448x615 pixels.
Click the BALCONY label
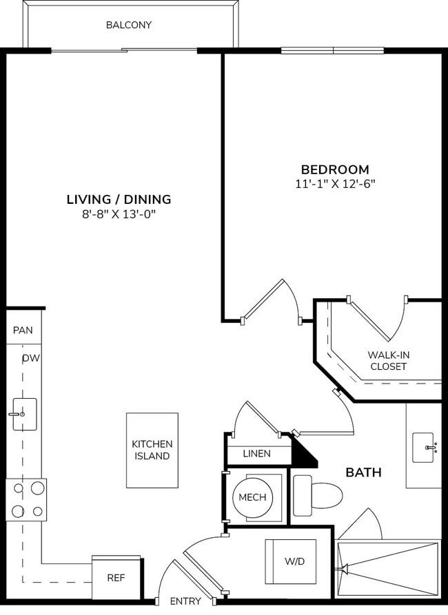pyautogui.click(x=129, y=25)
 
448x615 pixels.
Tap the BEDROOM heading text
pyautogui.click(x=335, y=169)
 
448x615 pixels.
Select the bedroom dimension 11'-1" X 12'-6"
pyautogui.click(x=335, y=184)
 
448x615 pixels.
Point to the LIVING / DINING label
pyautogui.click(x=119, y=200)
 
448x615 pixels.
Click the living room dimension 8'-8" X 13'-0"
pyautogui.click(x=119, y=214)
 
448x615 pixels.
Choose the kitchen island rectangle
pyautogui.click(x=152, y=450)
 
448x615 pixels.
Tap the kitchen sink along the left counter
pyautogui.click(x=24, y=414)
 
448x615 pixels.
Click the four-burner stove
pyautogui.click(x=26, y=500)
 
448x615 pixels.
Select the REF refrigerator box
pyautogui.click(x=116, y=578)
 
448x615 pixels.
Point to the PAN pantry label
pyautogui.click(x=23, y=331)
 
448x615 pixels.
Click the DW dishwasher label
pyautogui.click(x=30, y=358)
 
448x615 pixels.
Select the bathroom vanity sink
pyautogui.click(x=422, y=448)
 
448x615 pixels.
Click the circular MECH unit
pyautogui.click(x=252, y=497)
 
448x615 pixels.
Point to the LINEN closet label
pyautogui.click(x=256, y=454)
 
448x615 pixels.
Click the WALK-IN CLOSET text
pyautogui.click(x=389, y=361)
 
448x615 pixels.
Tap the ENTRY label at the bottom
pyautogui.click(x=185, y=601)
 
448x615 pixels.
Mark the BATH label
pyautogui.click(x=363, y=473)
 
